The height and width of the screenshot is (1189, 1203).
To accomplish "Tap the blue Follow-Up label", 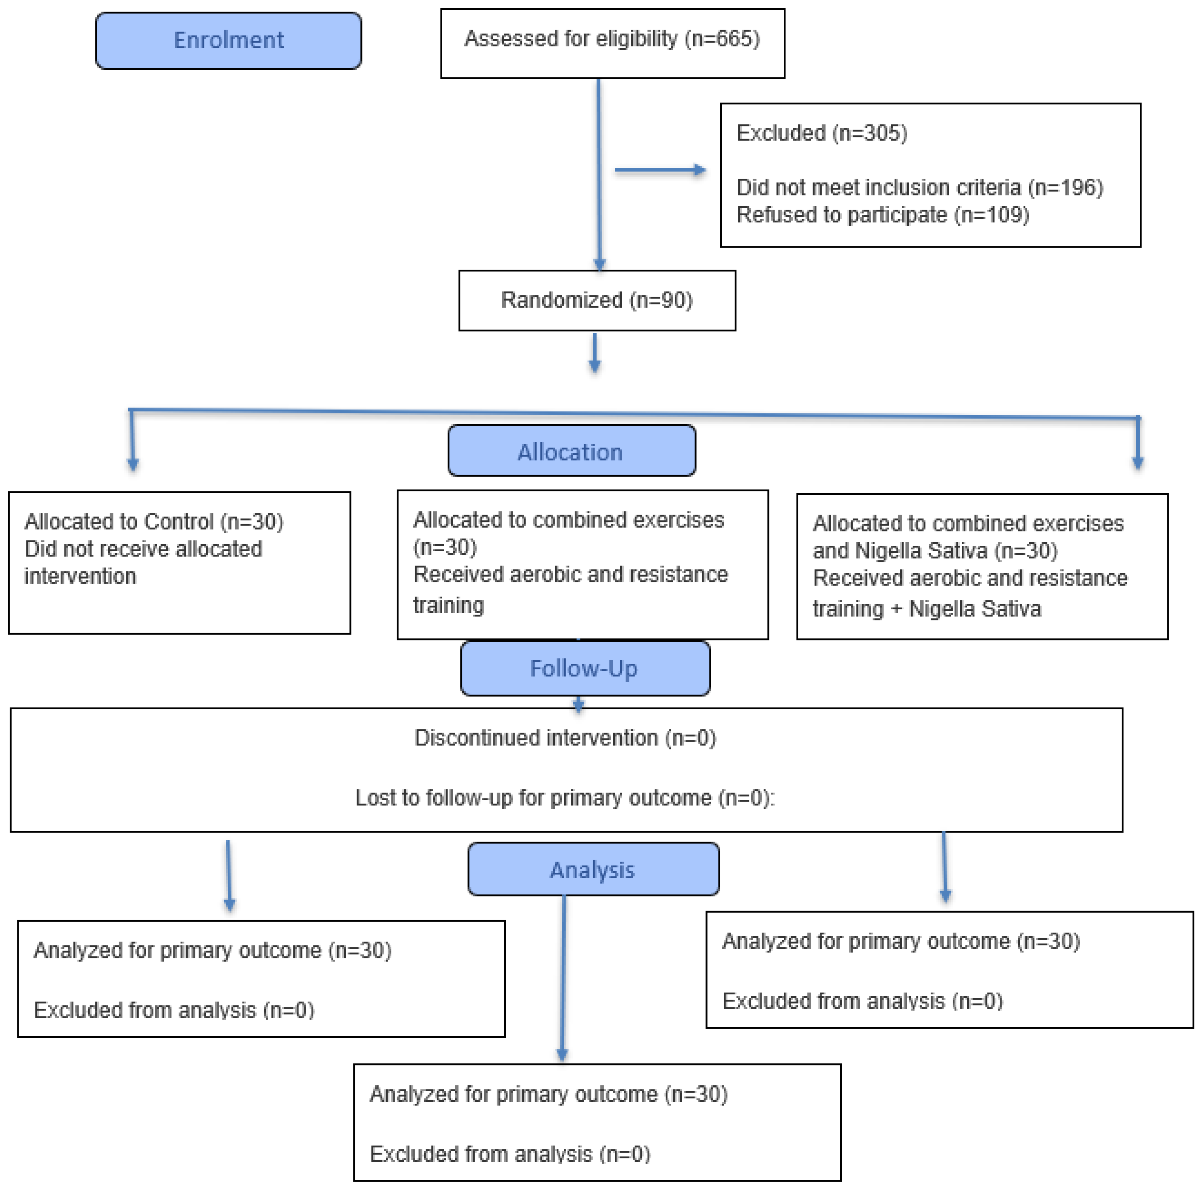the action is click(x=585, y=668).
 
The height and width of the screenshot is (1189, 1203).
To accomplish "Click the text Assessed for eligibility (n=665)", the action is click(x=612, y=39).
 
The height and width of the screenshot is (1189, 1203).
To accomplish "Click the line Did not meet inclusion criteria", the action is click(x=920, y=188).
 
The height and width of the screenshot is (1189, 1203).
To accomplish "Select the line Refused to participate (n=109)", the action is click(x=883, y=215).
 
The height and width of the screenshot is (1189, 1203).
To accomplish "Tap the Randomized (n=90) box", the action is click(x=597, y=300).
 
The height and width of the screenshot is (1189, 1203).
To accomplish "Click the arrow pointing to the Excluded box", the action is click(x=660, y=170).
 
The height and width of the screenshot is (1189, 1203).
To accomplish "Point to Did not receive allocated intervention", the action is click(x=143, y=562).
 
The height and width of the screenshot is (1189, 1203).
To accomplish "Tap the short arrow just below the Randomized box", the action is click(x=595, y=353).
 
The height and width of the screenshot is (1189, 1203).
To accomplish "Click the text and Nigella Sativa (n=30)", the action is click(x=935, y=550).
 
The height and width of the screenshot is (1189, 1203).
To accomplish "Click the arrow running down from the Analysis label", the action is click(x=563, y=978).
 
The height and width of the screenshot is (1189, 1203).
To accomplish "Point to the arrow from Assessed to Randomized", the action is click(x=599, y=175).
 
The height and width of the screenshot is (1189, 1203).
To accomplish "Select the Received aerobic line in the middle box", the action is click(x=571, y=574).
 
